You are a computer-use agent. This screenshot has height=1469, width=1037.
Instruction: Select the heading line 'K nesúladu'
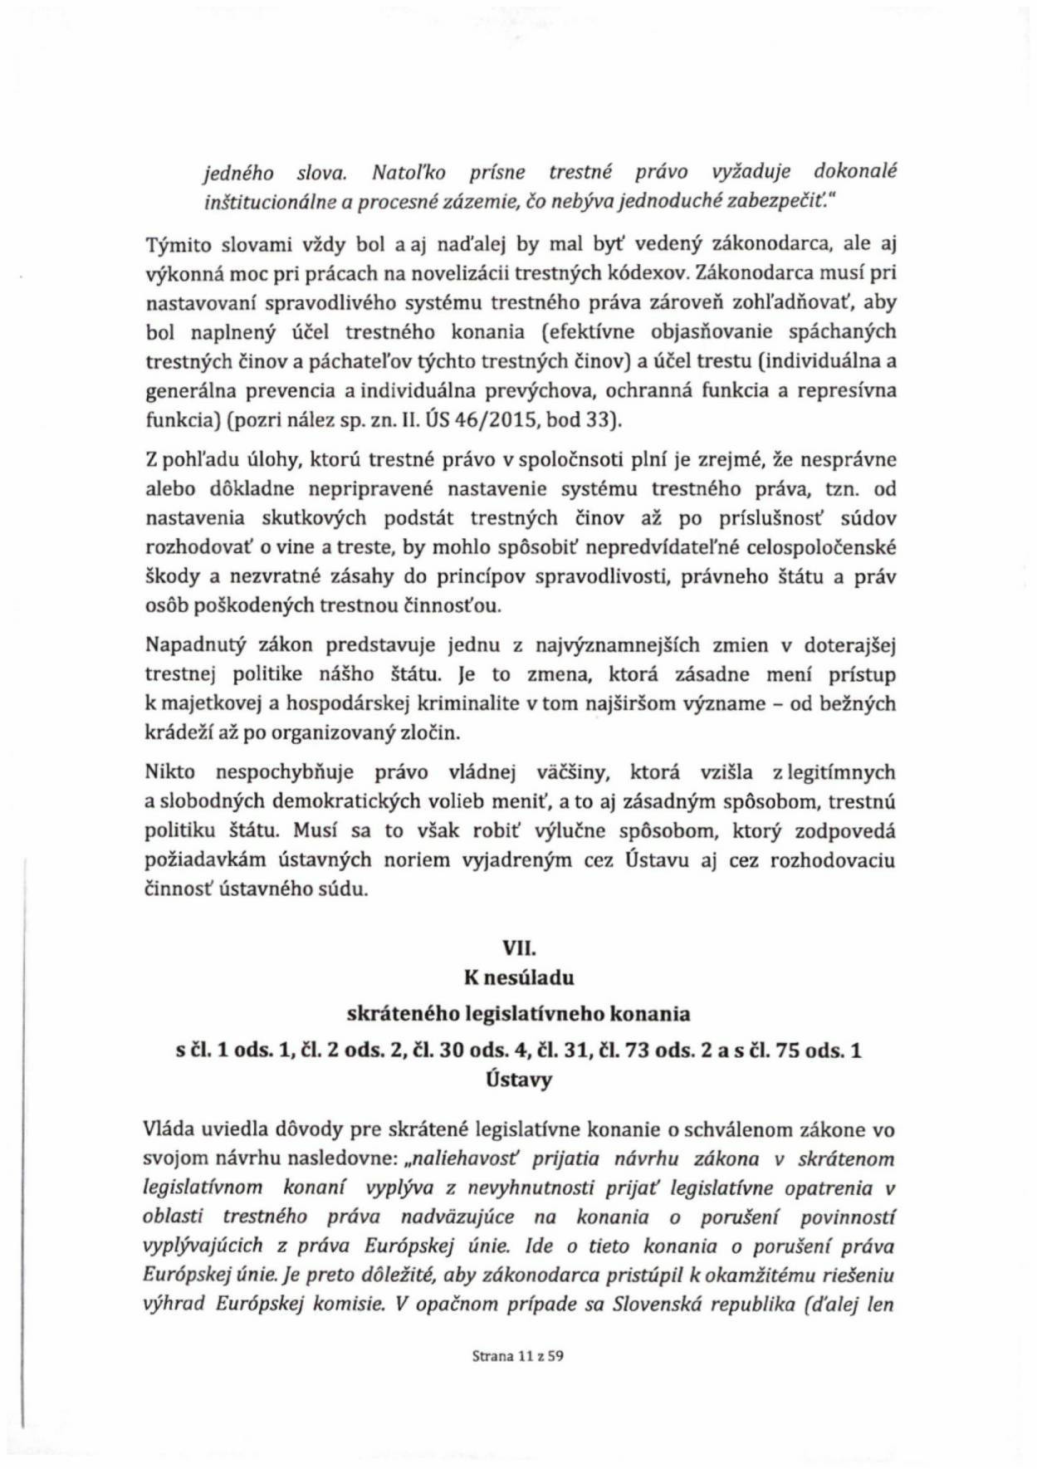click(x=519, y=977)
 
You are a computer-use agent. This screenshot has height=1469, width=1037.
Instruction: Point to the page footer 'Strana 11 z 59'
click(x=518, y=1357)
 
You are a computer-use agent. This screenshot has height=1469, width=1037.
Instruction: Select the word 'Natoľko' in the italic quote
click(x=409, y=173)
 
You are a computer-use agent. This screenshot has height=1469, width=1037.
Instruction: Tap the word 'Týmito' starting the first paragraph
click(x=175, y=243)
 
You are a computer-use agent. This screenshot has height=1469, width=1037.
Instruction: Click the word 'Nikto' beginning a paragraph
click(x=170, y=772)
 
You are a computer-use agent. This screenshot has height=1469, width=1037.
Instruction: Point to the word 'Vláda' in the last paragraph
click(x=170, y=1129)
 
